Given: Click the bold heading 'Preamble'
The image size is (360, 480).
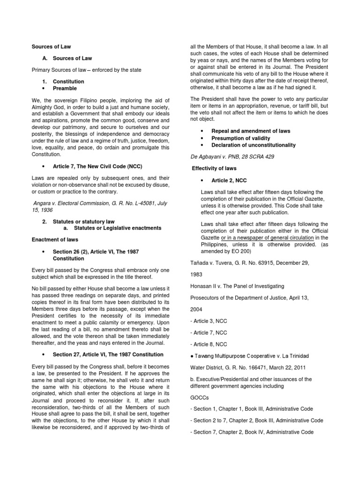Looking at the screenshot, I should pyautogui.click(x=65, y=88).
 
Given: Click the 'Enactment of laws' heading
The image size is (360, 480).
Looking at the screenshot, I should pyautogui.click(x=52, y=240).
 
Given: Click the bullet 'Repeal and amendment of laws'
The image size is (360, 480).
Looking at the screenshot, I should pyautogui.click(x=251, y=131).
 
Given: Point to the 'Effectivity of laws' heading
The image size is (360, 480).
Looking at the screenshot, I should pyautogui.click(x=214, y=168).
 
